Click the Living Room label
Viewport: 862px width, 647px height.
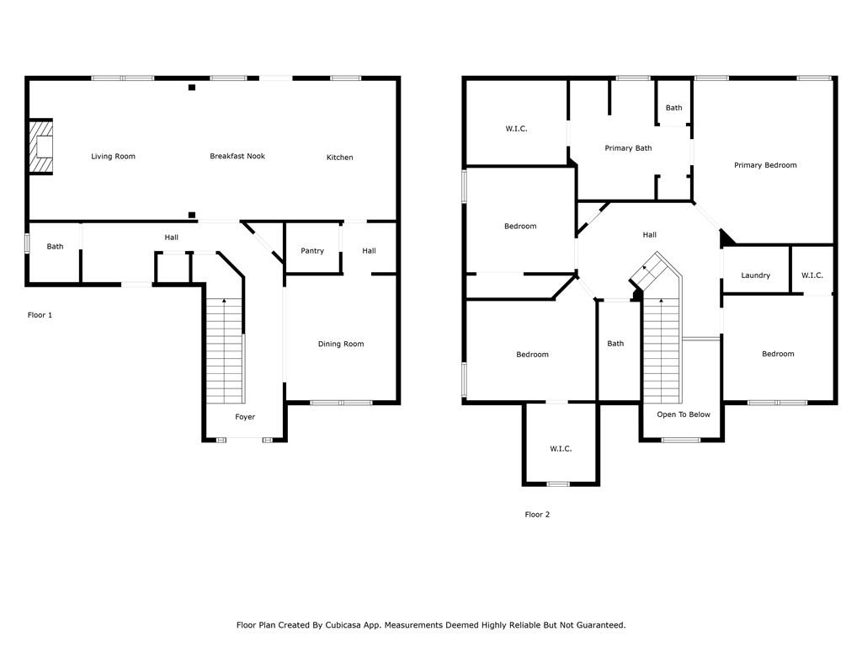(x=113, y=157)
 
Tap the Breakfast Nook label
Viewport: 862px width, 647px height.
(x=237, y=156)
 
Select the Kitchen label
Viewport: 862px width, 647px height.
(x=339, y=158)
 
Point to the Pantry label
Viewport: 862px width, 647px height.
(x=312, y=251)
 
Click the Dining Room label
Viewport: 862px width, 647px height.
(x=341, y=344)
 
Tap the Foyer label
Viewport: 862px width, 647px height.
(x=245, y=417)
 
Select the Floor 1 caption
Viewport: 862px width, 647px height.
(x=40, y=315)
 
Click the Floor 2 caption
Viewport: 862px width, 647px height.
(x=537, y=515)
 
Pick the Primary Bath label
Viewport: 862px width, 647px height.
(x=628, y=148)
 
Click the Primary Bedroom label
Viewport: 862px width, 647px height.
(x=765, y=165)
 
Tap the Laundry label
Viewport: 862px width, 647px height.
(x=756, y=275)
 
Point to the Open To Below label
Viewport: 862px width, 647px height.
(x=684, y=414)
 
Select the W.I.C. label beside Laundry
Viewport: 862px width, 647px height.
(x=812, y=275)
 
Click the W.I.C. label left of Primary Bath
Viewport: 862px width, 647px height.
(x=516, y=129)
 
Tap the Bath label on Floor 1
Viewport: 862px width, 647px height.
(x=55, y=247)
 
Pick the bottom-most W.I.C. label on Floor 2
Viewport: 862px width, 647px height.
(x=561, y=449)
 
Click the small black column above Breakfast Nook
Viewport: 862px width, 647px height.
(x=192, y=88)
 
